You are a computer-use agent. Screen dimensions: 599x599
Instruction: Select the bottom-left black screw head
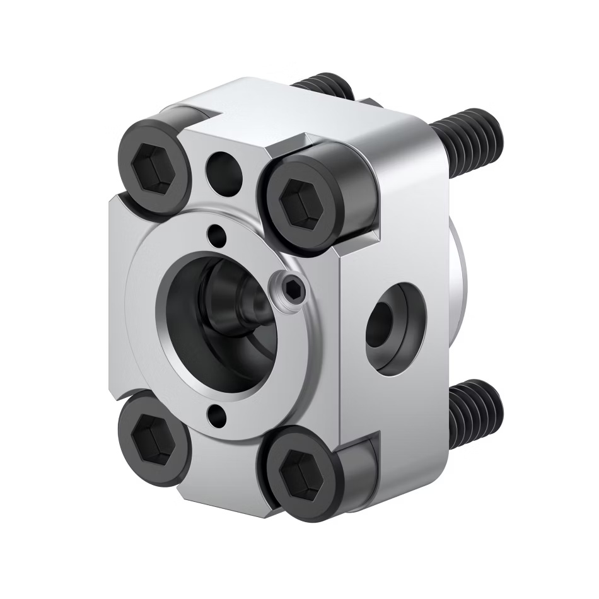coord(153,439)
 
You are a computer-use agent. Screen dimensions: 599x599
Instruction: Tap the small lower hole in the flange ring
coord(216,415)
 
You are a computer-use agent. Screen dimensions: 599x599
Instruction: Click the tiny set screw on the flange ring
coord(291,289)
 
